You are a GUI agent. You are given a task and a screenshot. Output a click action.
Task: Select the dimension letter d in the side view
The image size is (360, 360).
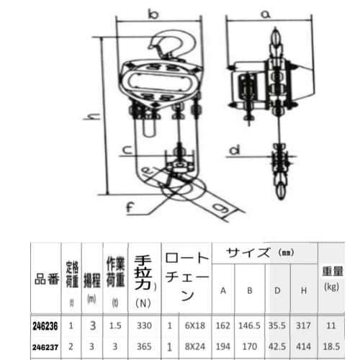point(233,150)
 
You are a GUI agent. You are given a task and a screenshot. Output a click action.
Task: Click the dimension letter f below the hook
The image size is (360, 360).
point(130,210)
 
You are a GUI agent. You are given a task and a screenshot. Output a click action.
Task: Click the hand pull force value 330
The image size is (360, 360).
point(143,325)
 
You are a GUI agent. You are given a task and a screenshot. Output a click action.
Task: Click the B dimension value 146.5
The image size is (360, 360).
point(250,325)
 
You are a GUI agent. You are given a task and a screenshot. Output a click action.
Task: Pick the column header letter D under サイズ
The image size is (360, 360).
point(276,291)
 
